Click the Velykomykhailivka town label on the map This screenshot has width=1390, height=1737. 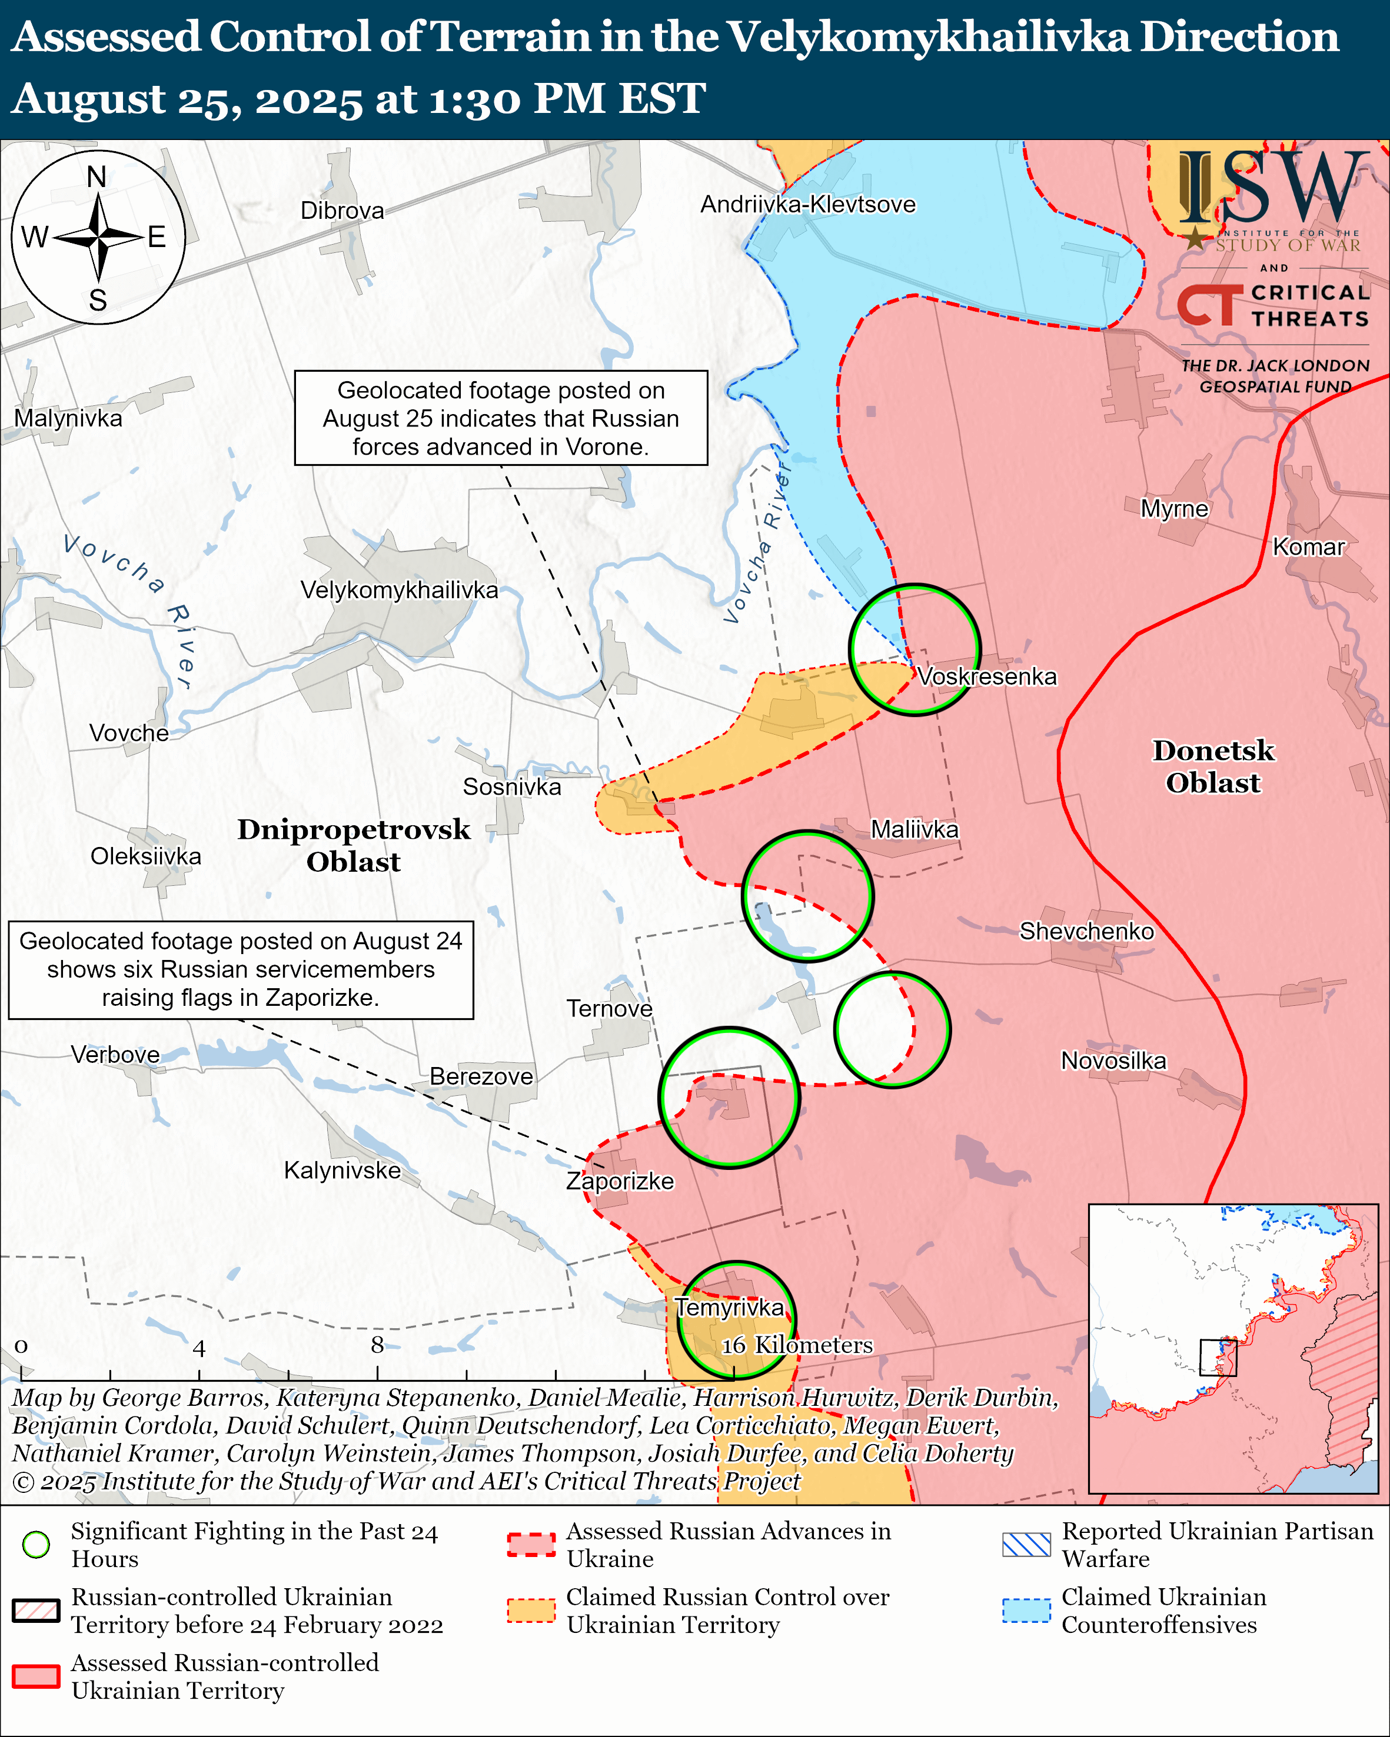click(x=399, y=591)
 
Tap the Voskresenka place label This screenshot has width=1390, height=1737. click(x=986, y=677)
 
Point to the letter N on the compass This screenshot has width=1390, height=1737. click(x=97, y=176)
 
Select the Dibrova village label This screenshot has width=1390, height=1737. click(x=342, y=211)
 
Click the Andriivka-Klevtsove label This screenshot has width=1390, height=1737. click(x=807, y=205)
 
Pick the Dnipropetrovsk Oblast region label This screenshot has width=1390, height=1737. click(x=353, y=846)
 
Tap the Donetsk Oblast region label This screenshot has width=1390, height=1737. click(x=1213, y=767)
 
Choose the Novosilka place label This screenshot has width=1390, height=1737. click(x=1113, y=1061)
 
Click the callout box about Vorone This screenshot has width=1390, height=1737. click(x=500, y=418)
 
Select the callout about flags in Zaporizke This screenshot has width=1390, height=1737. click(x=240, y=970)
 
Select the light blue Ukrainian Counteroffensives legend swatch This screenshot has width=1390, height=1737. click(x=1026, y=1611)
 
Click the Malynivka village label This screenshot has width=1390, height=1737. click(x=68, y=419)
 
